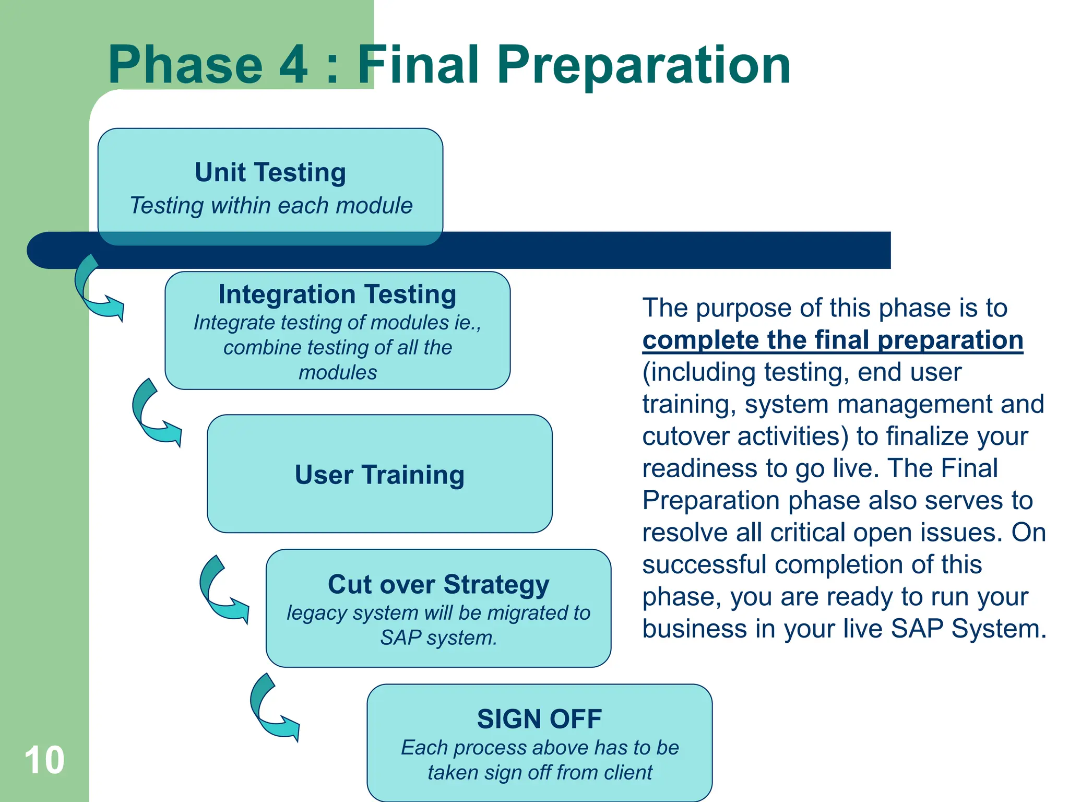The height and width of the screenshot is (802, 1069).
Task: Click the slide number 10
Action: tap(44, 760)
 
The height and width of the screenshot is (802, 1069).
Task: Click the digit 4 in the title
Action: tap(294, 65)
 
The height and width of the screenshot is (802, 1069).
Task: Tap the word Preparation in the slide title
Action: tap(644, 65)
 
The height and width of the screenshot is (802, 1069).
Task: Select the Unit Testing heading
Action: tap(270, 172)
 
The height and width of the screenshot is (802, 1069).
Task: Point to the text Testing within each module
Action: tap(271, 206)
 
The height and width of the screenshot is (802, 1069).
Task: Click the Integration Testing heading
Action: tap(337, 294)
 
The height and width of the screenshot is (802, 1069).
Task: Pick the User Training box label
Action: tap(379, 475)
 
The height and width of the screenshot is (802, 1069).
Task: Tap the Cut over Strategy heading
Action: tap(438, 584)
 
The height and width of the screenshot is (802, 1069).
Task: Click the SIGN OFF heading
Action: tap(539, 719)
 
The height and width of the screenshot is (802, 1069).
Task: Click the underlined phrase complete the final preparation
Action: tap(833, 340)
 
